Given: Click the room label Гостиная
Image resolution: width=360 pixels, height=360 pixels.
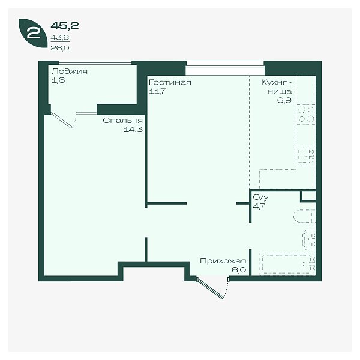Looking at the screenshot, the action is pyautogui.click(x=170, y=82).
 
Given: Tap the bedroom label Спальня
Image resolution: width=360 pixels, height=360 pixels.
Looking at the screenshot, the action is pyautogui.click(x=122, y=121).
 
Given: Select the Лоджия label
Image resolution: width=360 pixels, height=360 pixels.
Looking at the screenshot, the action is pyautogui.click(x=70, y=71).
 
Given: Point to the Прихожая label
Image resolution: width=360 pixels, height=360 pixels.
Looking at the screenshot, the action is pyautogui.click(x=223, y=261).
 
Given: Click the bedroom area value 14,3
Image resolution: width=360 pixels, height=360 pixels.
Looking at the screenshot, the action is pyautogui.click(x=133, y=130).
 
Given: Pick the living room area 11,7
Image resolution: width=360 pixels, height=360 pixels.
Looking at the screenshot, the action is pyautogui.click(x=157, y=91).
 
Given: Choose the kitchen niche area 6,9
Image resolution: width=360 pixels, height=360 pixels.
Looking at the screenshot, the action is pyautogui.click(x=284, y=100).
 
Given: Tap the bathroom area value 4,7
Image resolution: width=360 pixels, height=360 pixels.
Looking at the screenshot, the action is pyautogui.click(x=259, y=206).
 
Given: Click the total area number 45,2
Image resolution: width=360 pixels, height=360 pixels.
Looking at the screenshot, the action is pyautogui.click(x=65, y=25).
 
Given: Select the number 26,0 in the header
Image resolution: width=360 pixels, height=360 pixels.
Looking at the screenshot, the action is pyautogui.click(x=60, y=48).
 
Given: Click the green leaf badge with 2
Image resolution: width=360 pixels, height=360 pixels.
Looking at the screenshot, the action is pyautogui.click(x=33, y=33).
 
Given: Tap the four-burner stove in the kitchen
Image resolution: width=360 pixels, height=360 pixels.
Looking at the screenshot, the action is pyautogui.click(x=306, y=115).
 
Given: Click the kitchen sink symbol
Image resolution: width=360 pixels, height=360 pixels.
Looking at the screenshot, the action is pyautogui.click(x=306, y=155).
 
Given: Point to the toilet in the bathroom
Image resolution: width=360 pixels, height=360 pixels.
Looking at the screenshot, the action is pyautogui.click(x=304, y=216).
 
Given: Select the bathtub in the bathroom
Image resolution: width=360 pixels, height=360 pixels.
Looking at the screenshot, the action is pyautogui.click(x=287, y=264).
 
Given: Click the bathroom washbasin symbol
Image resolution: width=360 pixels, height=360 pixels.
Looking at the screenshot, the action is pyautogui.click(x=309, y=240).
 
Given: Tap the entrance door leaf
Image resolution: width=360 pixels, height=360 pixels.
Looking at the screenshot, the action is pyautogui.click(x=210, y=289).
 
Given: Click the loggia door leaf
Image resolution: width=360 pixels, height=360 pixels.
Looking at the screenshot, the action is pyautogui.click(x=62, y=121).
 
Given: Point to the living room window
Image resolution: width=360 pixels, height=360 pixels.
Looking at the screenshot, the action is pyautogui.click(x=225, y=68).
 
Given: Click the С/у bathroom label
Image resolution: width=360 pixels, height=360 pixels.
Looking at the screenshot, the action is pyautogui.click(x=260, y=197).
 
